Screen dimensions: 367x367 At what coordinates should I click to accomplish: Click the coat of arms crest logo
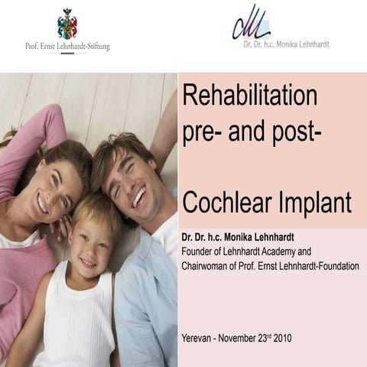pyautogui.click(x=67, y=24)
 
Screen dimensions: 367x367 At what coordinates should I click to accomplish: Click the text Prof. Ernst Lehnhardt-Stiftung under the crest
pyautogui.click(x=67, y=47)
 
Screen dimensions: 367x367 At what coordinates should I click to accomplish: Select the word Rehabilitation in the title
pyautogui.click(x=249, y=97)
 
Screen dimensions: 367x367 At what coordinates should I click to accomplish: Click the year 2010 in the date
pyautogui.click(x=280, y=337)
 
